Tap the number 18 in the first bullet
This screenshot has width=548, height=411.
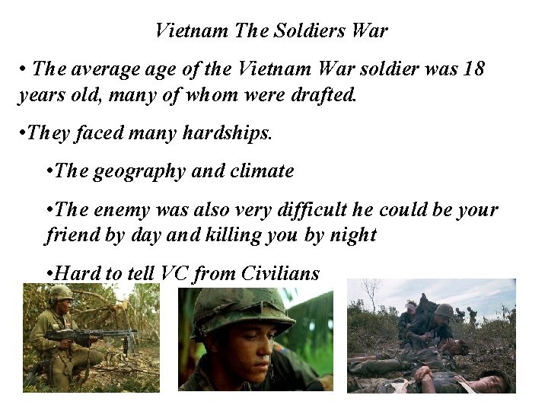473,69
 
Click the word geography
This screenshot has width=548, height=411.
141,171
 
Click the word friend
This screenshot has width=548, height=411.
66,236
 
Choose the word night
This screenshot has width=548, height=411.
351,236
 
